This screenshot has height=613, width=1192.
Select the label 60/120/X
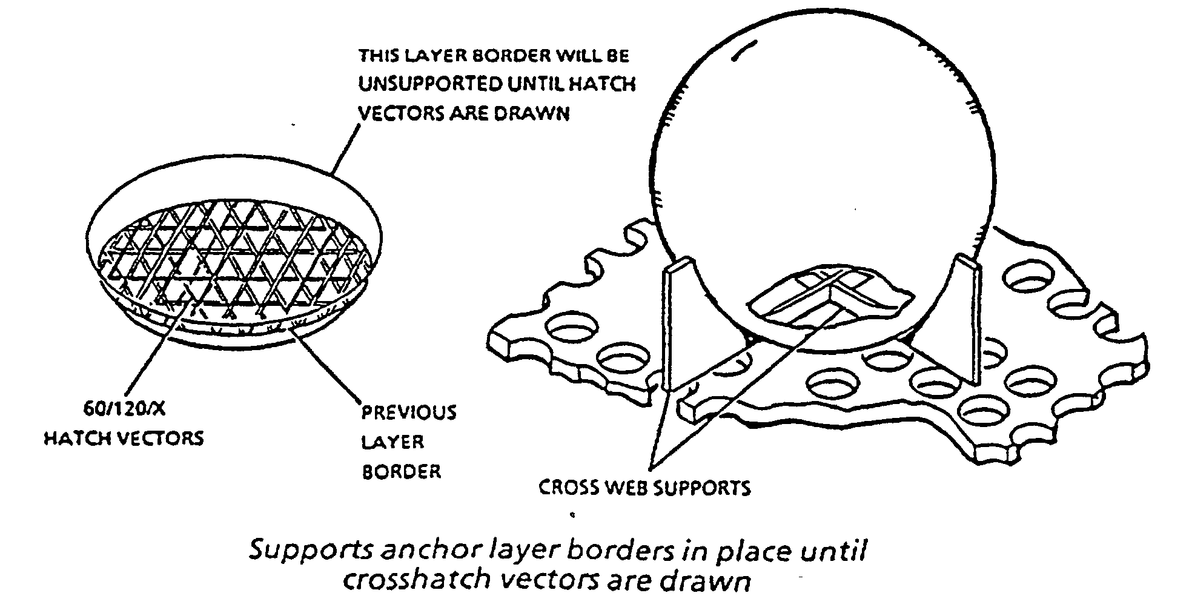124,409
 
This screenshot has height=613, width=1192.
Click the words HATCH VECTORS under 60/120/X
124,438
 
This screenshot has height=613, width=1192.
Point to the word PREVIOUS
409,413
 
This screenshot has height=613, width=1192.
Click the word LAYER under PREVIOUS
392,442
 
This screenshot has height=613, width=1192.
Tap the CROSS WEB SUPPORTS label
644,488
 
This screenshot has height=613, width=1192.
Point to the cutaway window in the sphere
830,294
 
